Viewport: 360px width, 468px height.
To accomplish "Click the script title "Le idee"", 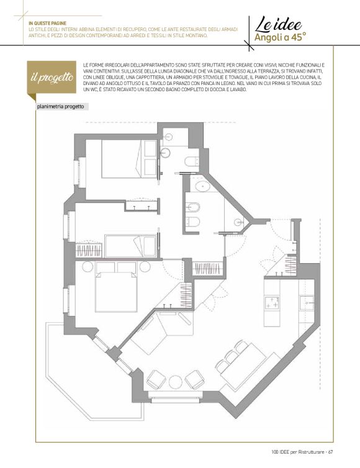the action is point(278,25).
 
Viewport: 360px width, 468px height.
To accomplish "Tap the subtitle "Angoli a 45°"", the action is point(281,37).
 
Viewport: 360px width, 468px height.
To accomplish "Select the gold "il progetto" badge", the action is point(52,78).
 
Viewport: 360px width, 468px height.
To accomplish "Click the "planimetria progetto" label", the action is point(60,107).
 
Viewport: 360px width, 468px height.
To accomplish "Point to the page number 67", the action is point(330,452).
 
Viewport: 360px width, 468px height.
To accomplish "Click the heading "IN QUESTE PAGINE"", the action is point(47,23).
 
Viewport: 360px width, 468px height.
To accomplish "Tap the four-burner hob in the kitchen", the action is point(272,302).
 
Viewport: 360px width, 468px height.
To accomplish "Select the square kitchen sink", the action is point(307,304).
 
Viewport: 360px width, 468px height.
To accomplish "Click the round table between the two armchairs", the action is point(175,382).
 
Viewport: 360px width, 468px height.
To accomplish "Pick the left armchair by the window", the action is point(156,379).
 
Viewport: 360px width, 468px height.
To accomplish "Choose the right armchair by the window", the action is point(195,379).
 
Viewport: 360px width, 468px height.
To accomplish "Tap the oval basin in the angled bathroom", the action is point(203,187).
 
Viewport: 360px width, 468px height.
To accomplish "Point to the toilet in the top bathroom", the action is point(191,161).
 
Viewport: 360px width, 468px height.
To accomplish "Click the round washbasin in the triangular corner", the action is point(238,222).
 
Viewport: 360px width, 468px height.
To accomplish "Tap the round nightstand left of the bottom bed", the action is point(88,266).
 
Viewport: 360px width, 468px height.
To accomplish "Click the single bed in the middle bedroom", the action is point(131,246).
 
